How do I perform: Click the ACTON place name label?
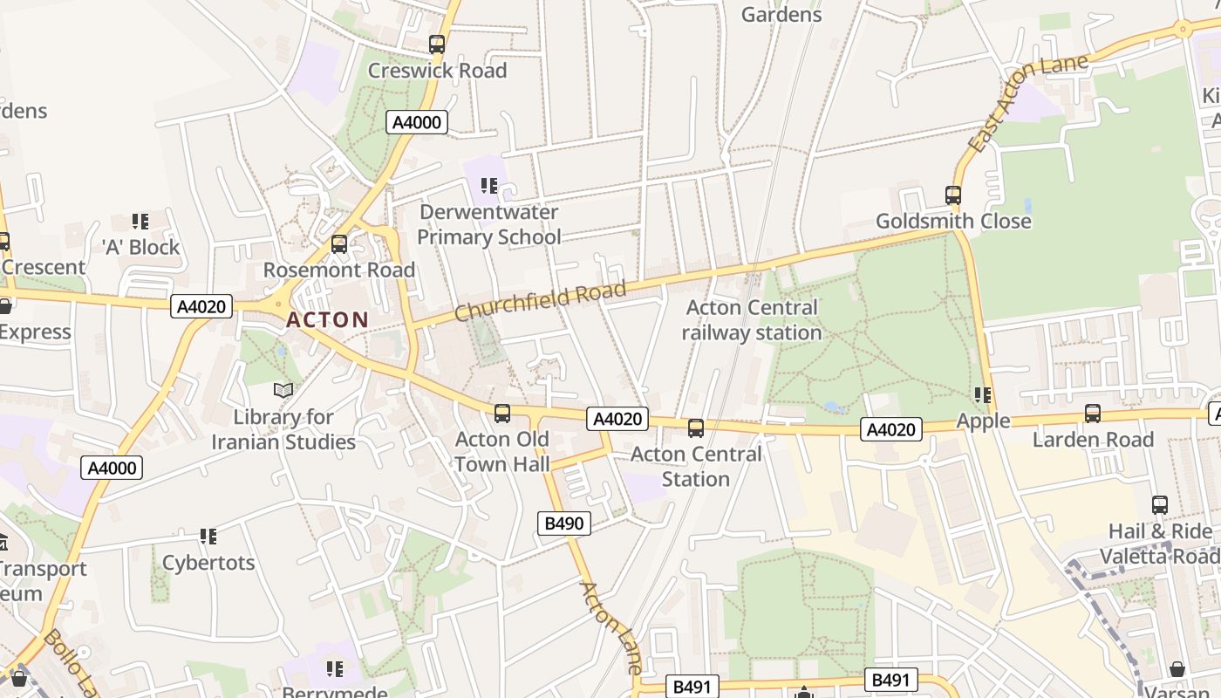[x=327, y=320]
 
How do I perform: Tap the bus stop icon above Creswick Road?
[x=437, y=44]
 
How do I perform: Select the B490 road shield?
[x=564, y=523]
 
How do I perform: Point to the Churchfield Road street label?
[x=540, y=301]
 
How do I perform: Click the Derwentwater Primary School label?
[x=488, y=224]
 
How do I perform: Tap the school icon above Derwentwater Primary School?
[x=489, y=186]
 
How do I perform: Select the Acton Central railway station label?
[x=751, y=320]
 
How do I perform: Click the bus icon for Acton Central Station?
[x=696, y=428]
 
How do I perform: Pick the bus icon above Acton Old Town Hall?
[x=502, y=414]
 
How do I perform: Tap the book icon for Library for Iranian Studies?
[x=283, y=390]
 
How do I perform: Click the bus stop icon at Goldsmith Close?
[x=953, y=195]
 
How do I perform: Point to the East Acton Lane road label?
[x=1029, y=102]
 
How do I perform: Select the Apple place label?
[x=983, y=421]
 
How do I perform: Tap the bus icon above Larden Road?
[x=1093, y=414]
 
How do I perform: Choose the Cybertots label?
[x=208, y=563]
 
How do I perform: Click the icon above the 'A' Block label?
[x=140, y=222]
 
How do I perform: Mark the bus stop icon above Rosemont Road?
[x=339, y=244]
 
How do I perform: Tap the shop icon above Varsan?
[x=1177, y=669]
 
